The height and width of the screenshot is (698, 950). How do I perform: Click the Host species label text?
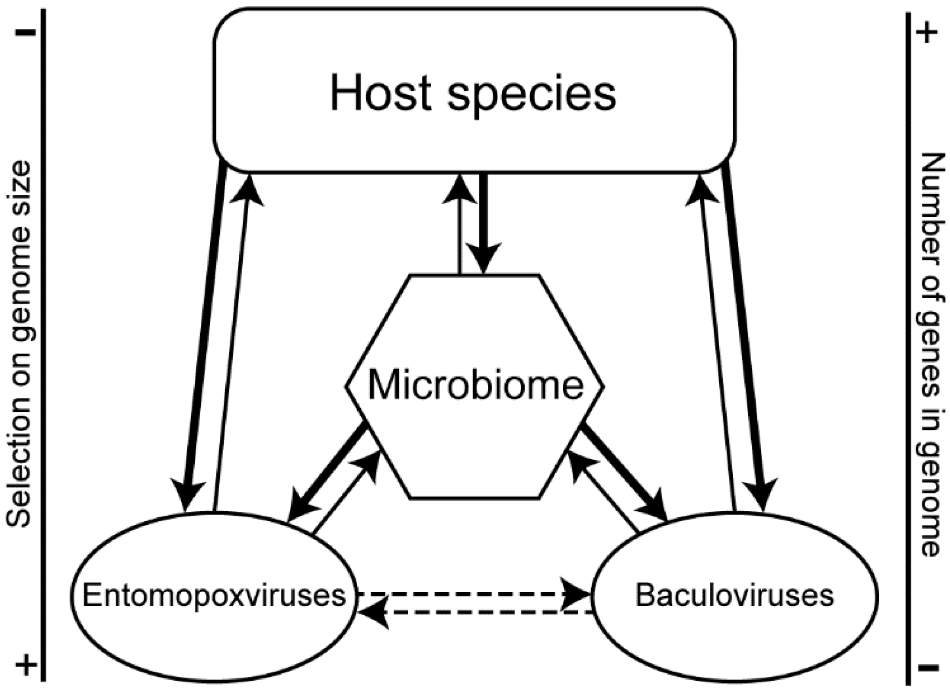[473, 95]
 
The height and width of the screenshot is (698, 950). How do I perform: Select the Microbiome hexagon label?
[476, 385]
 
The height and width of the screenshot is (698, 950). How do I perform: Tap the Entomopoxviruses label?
[214, 595]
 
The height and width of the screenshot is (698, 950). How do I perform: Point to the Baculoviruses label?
[734, 595]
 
